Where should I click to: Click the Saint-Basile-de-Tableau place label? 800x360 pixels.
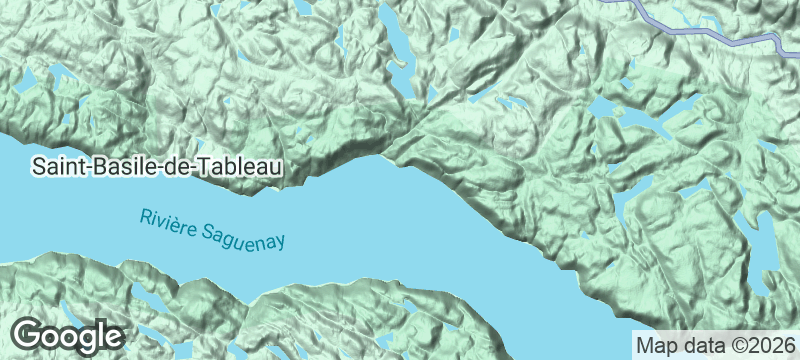point(157,167)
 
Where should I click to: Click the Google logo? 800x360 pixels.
point(68,334)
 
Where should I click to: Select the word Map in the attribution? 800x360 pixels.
point(655,346)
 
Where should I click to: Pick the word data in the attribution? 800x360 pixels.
point(698,346)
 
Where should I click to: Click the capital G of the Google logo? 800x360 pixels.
point(30,333)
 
